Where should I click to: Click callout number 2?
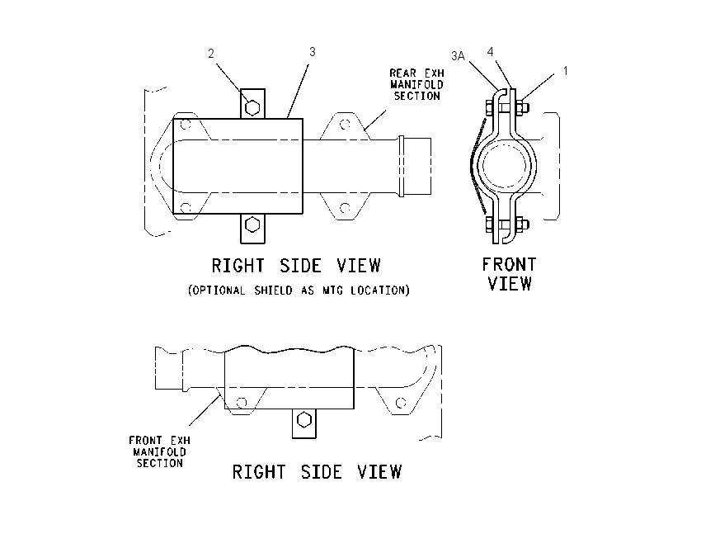[211, 54]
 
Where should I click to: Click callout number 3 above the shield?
[312, 52]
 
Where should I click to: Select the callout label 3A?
[458, 56]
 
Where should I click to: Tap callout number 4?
[490, 52]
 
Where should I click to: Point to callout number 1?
[566, 71]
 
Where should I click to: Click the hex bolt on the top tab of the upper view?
[252, 108]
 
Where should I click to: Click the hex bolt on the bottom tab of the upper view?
[252, 225]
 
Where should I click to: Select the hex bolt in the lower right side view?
[304, 420]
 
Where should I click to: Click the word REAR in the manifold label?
[402, 73]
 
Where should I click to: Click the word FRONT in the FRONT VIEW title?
[509, 265]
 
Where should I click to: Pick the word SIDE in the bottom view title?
[322, 472]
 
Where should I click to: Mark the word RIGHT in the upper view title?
[238, 266]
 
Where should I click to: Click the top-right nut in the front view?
[523, 107]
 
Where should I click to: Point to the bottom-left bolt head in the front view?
[489, 224]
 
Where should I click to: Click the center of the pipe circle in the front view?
[506, 166]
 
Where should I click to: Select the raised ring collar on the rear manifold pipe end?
[402, 166]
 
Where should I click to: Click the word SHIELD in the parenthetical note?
[273, 291]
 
